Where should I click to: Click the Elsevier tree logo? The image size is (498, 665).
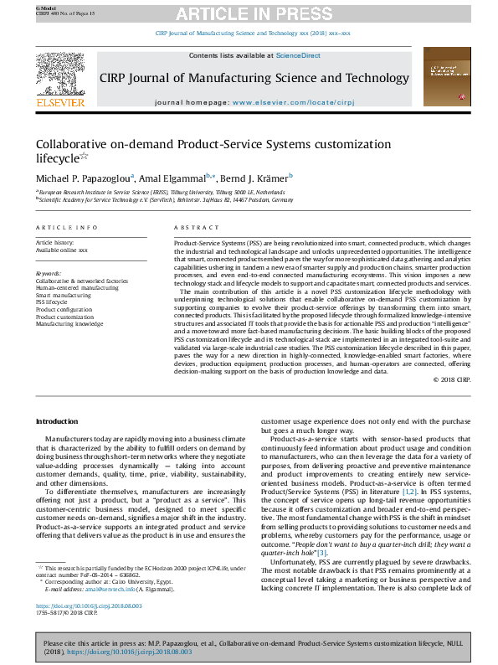pyautogui.click(x=60, y=73)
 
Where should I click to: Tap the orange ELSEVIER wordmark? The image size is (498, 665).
pyautogui.click(x=60, y=103)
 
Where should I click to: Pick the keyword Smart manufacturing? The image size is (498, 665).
pyautogui.click(x=63, y=296)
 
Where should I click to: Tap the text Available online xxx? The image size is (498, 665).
pyautogui.click(x=61, y=250)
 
